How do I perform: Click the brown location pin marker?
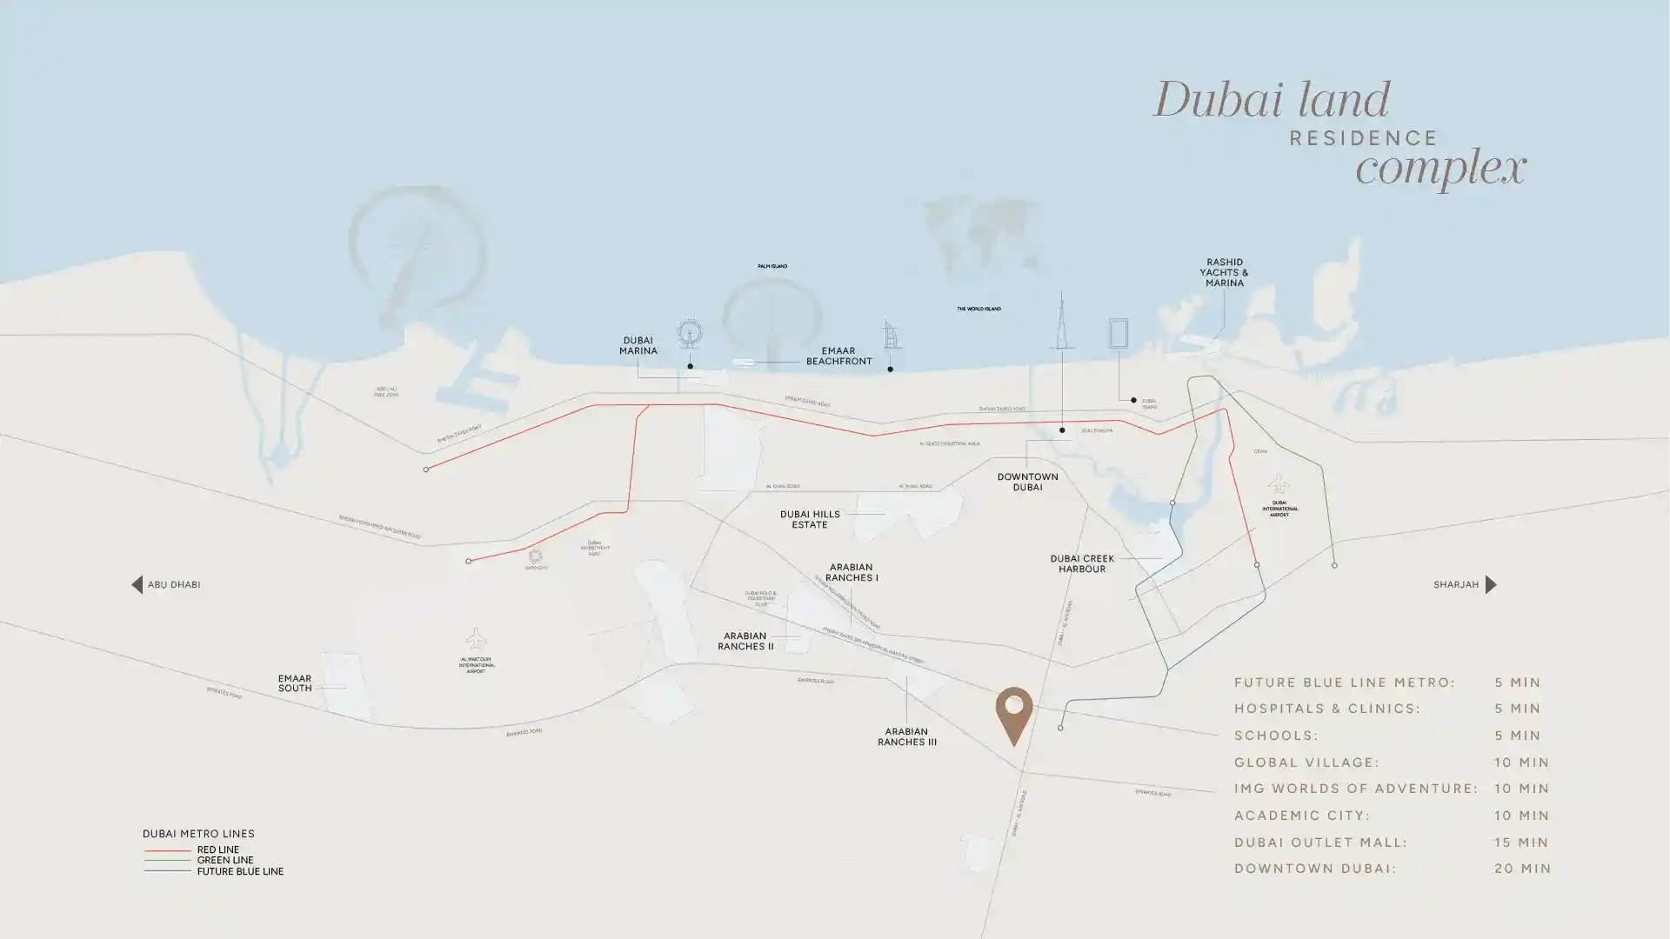click(1013, 712)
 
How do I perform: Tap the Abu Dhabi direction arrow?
click(137, 584)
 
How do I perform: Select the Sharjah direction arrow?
click(1491, 584)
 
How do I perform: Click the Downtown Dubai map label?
click(1027, 482)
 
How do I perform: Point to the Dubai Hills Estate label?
click(810, 519)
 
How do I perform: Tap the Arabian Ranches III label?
click(906, 736)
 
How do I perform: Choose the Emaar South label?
click(295, 683)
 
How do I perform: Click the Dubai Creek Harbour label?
click(1082, 563)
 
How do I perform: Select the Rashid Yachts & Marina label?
click(1224, 272)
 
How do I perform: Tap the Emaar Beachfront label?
click(838, 356)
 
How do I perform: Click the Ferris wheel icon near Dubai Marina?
click(690, 333)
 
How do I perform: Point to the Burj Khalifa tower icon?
click(1061, 322)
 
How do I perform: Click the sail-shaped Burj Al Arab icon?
click(892, 334)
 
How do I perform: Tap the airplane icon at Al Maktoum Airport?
click(475, 639)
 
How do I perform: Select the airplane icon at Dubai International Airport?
click(1278, 483)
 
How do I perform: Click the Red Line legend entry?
click(217, 849)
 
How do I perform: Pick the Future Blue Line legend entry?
click(239, 871)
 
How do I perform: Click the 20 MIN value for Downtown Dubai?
click(1522, 869)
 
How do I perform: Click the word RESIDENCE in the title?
click(1363, 138)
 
